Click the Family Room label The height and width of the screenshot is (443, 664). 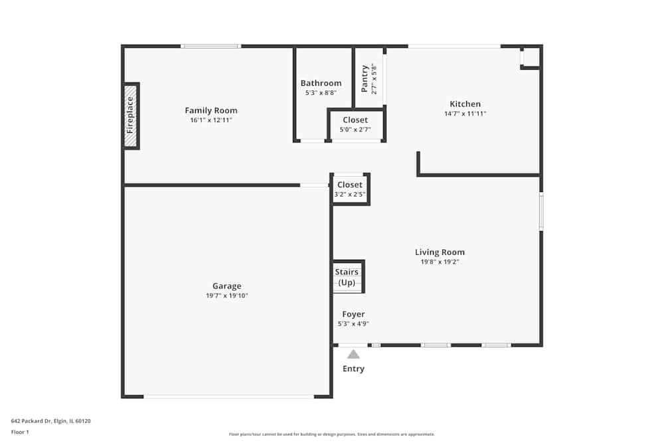(211, 110)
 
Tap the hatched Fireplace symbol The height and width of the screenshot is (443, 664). (131, 116)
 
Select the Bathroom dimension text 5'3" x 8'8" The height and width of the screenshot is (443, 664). (321, 93)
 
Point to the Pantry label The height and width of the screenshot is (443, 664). (364, 79)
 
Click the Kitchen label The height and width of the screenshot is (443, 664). (465, 104)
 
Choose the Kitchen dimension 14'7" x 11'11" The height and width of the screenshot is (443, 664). (465, 114)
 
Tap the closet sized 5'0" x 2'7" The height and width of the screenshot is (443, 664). (356, 124)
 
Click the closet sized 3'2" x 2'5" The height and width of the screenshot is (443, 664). (350, 189)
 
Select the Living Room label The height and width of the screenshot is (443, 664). (440, 252)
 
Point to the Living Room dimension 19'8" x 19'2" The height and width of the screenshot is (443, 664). (440, 262)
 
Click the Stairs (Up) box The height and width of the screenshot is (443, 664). (348, 276)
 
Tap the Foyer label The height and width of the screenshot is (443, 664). (354, 314)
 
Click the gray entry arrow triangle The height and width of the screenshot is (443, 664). (354, 355)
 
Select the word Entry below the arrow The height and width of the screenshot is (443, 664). (354, 369)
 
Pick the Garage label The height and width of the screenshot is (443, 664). (227, 286)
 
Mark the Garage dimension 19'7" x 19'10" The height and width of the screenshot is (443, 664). (227, 296)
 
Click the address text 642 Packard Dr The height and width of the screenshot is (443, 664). (31, 421)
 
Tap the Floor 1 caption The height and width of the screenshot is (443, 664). (20, 432)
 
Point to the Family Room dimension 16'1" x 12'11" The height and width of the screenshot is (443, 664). (211, 120)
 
